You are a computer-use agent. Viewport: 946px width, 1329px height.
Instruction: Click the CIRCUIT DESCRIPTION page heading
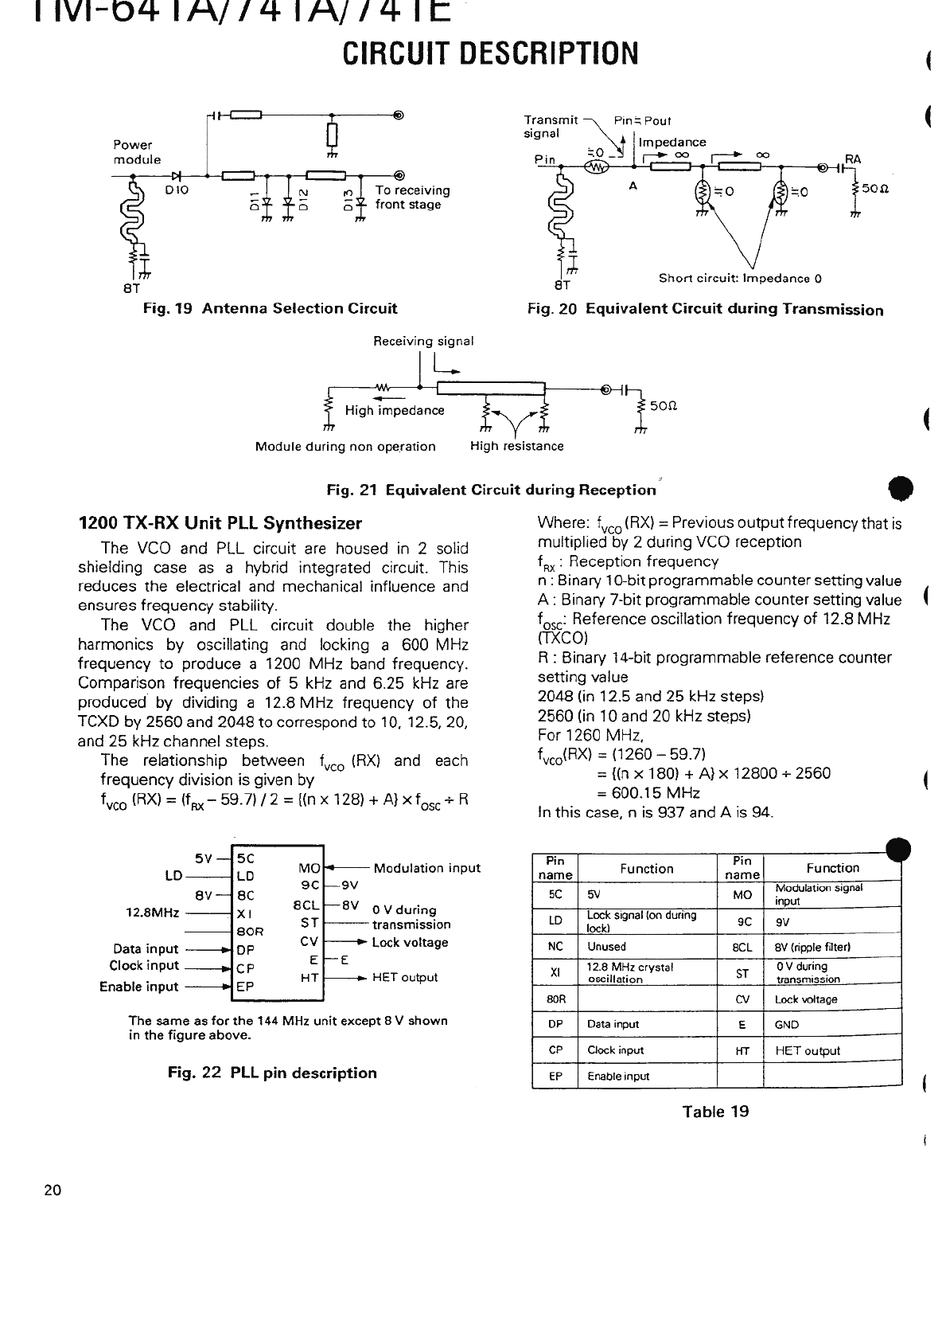click(x=490, y=53)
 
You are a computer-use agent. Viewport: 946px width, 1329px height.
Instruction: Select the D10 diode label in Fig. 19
click(x=176, y=190)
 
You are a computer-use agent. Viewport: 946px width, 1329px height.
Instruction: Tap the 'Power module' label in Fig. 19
click(x=137, y=152)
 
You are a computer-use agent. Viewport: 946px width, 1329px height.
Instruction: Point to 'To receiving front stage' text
click(x=412, y=197)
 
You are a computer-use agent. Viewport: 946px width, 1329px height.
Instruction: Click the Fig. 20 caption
click(x=705, y=310)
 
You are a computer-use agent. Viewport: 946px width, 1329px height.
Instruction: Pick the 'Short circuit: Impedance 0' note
click(x=740, y=279)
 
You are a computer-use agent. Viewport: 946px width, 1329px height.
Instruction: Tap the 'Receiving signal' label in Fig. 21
click(x=423, y=341)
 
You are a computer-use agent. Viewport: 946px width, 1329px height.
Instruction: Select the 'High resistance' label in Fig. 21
click(x=516, y=446)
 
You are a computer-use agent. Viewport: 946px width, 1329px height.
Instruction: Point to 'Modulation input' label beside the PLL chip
click(x=426, y=868)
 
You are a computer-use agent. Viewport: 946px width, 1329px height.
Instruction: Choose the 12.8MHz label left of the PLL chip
click(x=153, y=913)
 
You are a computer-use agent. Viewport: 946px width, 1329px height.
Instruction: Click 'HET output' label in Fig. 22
click(x=405, y=977)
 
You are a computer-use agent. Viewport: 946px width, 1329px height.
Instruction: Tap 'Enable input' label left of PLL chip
click(x=139, y=987)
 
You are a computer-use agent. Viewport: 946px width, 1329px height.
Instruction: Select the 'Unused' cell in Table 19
click(x=606, y=947)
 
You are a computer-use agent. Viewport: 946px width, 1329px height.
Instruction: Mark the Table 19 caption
click(x=715, y=1112)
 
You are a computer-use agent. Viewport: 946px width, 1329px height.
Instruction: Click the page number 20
click(x=53, y=1190)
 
